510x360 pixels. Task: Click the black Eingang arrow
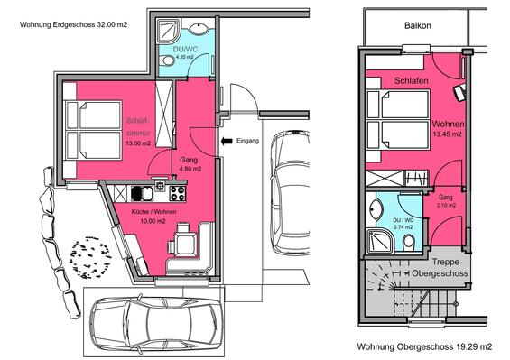[227, 141]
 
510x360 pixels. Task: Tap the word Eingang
[248, 141]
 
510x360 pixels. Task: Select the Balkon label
[418, 25]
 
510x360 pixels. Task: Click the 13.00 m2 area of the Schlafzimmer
[139, 143]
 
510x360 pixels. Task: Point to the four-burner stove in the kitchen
[178, 193]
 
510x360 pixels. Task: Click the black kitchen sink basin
[136, 193]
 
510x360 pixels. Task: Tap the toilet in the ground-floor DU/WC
[168, 60]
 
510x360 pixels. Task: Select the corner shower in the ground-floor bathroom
[168, 32]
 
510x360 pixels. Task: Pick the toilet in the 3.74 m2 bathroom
[409, 243]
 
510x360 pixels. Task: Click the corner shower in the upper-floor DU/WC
[380, 241]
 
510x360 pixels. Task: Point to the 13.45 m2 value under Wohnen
[447, 134]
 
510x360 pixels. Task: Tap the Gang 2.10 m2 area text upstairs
[445, 201]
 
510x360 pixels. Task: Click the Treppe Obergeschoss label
[440, 267]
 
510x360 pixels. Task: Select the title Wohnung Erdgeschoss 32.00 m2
[73, 24]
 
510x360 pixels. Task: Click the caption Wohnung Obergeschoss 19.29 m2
[424, 347]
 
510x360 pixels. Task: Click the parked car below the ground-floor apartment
[155, 324]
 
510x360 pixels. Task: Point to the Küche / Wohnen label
[153, 212]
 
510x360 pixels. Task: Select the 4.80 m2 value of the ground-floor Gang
[190, 169]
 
